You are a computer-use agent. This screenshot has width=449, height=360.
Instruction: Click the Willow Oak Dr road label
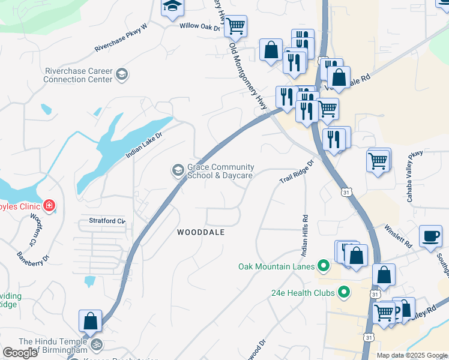[x=200, y=27]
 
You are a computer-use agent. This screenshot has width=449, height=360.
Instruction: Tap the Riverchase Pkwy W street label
[x=121, y=39]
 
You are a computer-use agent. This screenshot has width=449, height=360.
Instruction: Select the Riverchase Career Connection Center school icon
[x=122, y=74]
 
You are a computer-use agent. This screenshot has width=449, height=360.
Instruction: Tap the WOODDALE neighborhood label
[x=201, y=232]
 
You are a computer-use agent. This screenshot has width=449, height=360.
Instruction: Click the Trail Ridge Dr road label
[x=297, y=172]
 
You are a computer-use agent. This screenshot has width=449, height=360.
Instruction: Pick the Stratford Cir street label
[x=107, y=221]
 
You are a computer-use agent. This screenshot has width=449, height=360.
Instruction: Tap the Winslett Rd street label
[x=399, y=238]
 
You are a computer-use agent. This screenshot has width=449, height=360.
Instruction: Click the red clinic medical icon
[x=49, y=206]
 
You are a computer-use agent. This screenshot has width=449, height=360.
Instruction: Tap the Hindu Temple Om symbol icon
[x=95, y=345]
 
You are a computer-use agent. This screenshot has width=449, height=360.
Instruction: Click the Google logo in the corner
[x=20, y=353]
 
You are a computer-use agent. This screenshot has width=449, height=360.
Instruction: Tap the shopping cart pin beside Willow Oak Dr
[x=235, y=26]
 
